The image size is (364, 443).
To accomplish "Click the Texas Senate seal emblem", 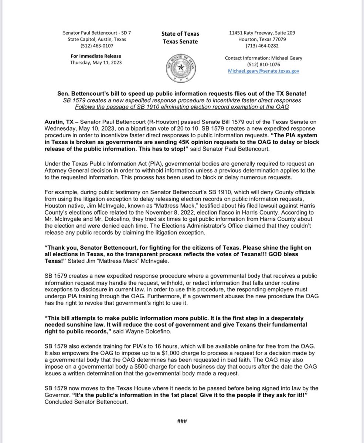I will click(181, 67).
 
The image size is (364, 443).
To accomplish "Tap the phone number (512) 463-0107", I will click(97, 46).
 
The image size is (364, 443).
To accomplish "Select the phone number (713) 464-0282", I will click(262, 46).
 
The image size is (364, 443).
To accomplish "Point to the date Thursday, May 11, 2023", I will click(96, 62).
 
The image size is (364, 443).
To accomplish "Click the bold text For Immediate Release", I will click(96, 56).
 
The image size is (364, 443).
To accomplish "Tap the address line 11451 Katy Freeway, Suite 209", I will click(262, 33).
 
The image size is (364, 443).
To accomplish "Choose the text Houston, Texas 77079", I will click(262, 39).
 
